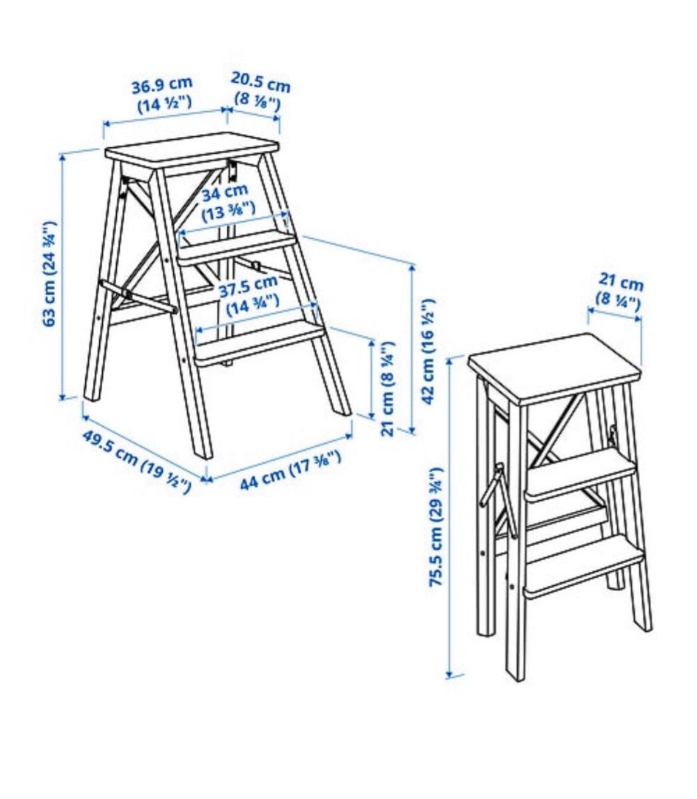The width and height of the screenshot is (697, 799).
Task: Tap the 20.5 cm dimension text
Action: (x=260, y=82)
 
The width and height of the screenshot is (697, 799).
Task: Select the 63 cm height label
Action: (x=50, y=274)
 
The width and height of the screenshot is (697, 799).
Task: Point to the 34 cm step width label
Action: (x=226, y=193)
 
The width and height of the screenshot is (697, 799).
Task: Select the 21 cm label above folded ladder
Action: (x=621, y=283)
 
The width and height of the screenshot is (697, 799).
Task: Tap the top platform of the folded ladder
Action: (x=553, y=365)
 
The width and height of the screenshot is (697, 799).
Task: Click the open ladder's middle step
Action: (x=238, y=245)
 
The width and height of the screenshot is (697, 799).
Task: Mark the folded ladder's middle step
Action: (x=579, y=473)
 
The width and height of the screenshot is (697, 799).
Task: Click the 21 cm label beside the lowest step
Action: (x=387, y=388)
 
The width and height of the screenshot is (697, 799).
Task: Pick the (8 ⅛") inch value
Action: (x=257, y=99)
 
